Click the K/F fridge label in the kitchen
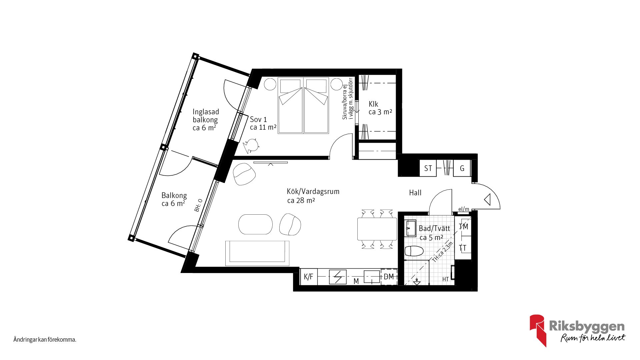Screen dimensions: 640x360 [308, 277]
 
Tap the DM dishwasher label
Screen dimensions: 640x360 [389, 277]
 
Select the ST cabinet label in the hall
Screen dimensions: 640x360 [428, 168]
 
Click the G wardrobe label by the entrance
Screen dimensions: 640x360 [462, 168]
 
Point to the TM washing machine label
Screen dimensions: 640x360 [463, 227]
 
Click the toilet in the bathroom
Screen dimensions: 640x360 [414, 251]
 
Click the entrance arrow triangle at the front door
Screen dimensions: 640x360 [487, 200]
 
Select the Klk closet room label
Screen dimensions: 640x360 [373, 104]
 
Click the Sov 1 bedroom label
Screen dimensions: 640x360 [258, 119]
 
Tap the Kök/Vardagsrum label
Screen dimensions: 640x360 [313, 192]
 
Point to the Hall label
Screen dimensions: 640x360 [415, 193]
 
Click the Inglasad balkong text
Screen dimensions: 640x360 [206, 116]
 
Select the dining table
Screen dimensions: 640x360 [377, 229]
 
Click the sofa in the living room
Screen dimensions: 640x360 [257, 253]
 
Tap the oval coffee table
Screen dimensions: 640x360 [256, 224]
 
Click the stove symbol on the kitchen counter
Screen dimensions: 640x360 [338, 277]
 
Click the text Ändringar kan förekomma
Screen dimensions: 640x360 [45, 340]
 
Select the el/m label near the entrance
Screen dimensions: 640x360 [464, 209]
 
